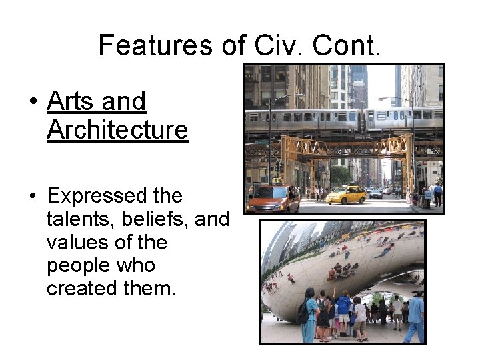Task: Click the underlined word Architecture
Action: [118, 130]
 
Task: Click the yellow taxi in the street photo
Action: [346, 195]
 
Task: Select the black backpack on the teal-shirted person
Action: [304, 312]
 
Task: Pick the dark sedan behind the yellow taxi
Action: [376, 193]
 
